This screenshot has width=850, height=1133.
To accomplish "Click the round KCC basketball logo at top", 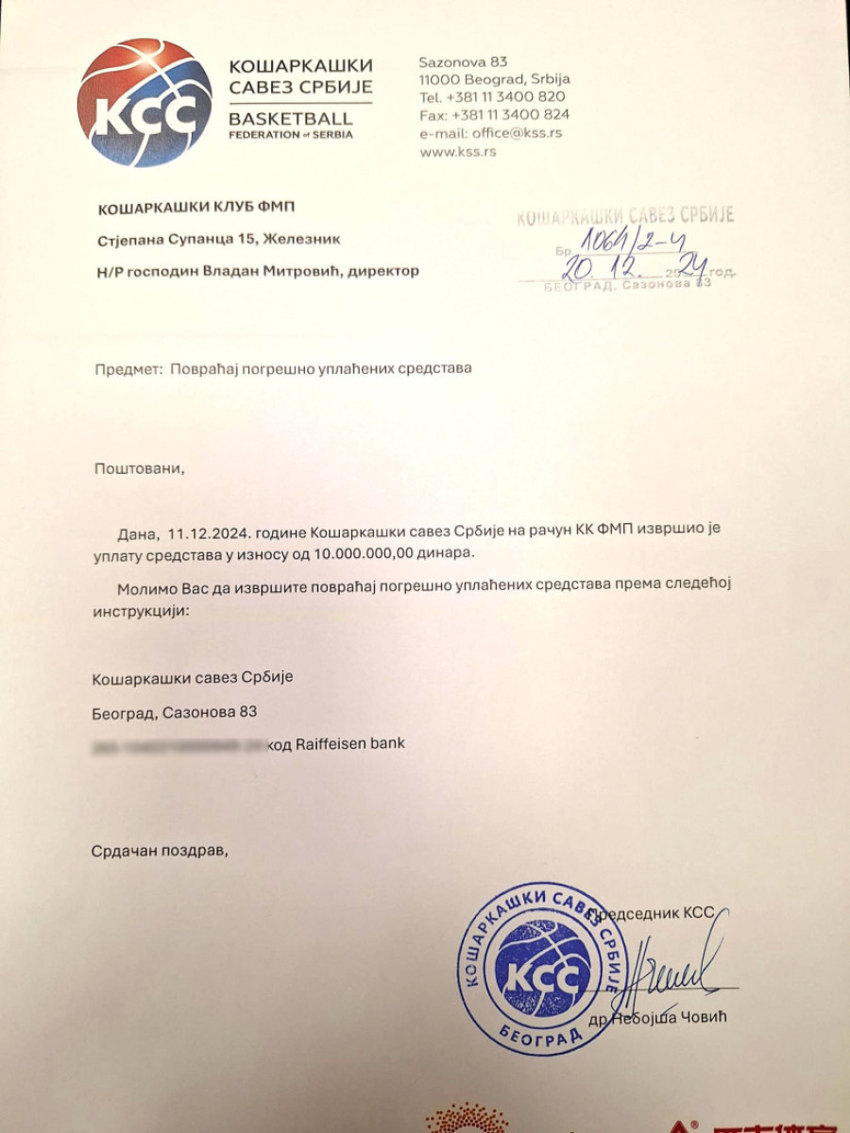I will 145,102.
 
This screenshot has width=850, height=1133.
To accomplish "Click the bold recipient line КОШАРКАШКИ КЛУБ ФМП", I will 201,208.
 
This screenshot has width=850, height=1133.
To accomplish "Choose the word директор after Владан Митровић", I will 382,271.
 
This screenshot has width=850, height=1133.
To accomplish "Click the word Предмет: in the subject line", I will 128,368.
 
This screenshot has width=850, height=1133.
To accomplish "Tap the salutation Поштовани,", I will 134,467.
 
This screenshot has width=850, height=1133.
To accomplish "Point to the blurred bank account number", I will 177,744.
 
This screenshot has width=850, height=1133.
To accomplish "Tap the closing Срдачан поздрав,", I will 160,851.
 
